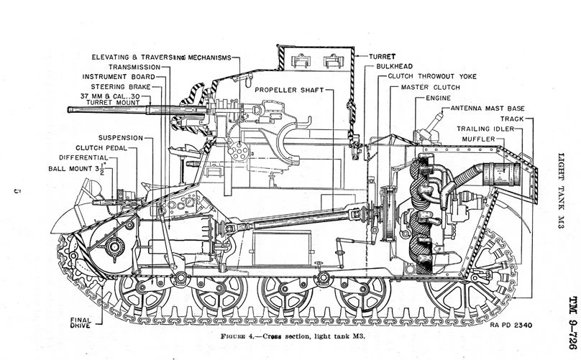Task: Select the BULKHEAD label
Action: [x=393, y=65]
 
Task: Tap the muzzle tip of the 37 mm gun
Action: [x=70, y=110]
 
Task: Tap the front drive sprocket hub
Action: [x=113, y=248]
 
